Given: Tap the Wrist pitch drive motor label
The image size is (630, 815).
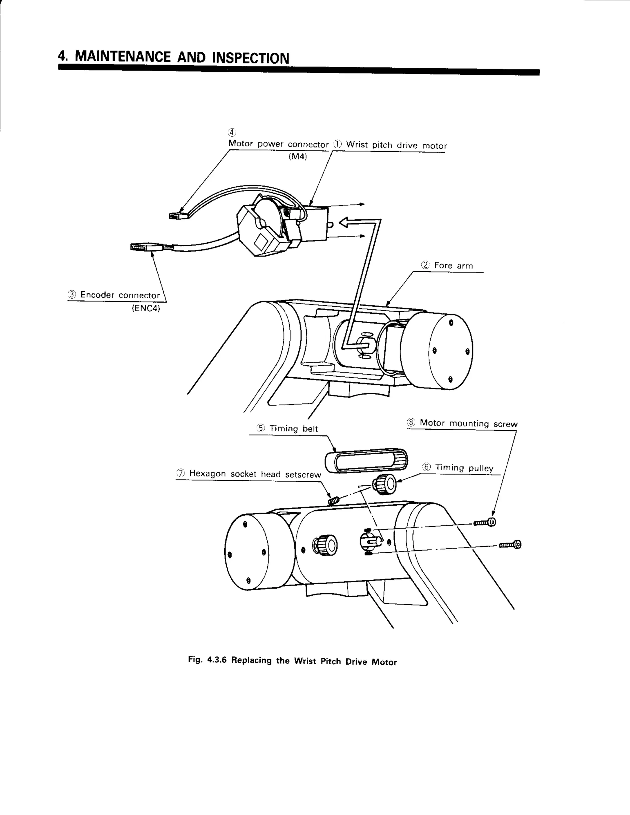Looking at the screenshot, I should pyautogui.click(x=396, y=145).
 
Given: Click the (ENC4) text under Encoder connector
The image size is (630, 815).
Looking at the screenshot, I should pyautogui.click(x=146, y=309).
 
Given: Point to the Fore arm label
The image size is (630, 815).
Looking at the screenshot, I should pyautogui.click(x=453, y=266).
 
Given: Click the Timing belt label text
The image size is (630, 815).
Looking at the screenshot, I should pyautogui.click(x=293, y=428).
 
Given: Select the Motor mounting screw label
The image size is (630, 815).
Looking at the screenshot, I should pyautogui.click(x=469, y=423).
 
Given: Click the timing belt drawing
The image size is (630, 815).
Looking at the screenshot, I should pyautogui.click(x=366, y=460).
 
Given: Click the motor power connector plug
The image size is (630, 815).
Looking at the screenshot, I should pyautogui.click(x=178, y=216).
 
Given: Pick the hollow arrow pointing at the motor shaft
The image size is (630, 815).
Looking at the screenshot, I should pyautogui.click(x=345, y=223).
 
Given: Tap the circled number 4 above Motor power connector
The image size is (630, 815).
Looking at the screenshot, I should pyautogui.click(x=232, y=132).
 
